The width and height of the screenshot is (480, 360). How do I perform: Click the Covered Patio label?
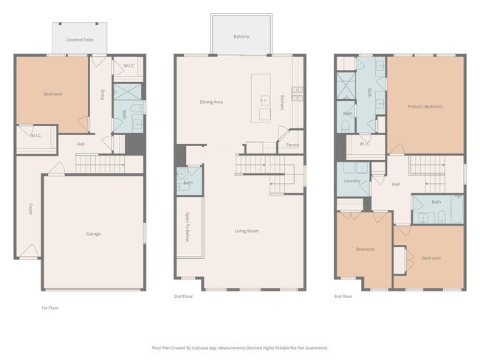(78, 40)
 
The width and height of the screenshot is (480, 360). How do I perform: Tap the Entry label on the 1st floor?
(102, 94)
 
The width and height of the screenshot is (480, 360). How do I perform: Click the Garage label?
(94, 234)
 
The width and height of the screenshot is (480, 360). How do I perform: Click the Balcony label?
(241, 36)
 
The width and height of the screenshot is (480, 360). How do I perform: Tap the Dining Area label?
(212, 102)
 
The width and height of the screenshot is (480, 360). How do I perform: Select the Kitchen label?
(282, 103)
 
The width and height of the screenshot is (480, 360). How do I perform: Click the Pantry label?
(292, 145)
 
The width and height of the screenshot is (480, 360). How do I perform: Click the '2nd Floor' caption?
(183, 297)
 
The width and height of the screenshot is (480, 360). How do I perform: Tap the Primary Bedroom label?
(425, 106)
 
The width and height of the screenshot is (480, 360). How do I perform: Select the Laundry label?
(352, 181)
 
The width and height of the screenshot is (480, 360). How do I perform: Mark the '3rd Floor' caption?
(343, 297)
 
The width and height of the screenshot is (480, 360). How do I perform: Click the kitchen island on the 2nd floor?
(261, 97)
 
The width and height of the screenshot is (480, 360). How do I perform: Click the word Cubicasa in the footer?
(210, 347)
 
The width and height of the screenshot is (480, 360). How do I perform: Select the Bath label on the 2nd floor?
(188, 183)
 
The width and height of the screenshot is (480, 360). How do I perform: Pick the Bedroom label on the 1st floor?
(52, 94)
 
